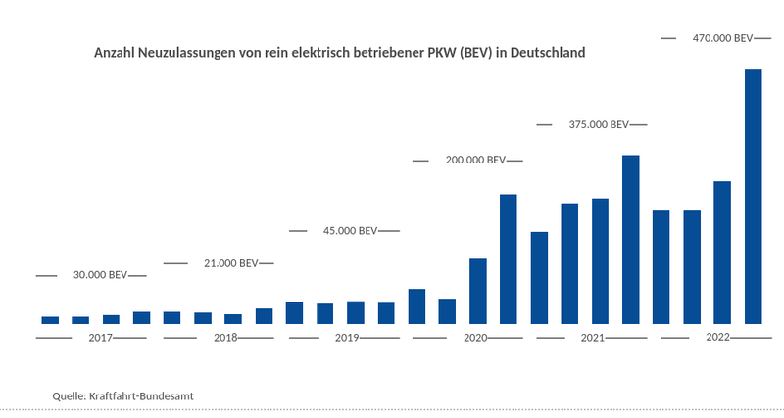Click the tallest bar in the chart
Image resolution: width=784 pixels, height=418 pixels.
point(753,196)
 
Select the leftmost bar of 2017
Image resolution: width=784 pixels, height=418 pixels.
point(50,320)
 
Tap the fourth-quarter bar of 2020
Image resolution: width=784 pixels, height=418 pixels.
point(508,259)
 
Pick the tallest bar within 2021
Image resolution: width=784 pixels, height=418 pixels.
point(630,240)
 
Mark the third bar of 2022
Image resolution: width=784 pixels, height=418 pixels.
point(722,253)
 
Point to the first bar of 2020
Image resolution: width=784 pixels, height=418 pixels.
point(416,306)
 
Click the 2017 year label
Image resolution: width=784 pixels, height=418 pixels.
point(101,338)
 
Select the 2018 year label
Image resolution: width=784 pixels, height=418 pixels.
point(225,338)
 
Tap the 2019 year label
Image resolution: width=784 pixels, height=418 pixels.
point(347,338)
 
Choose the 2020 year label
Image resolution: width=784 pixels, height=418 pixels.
point(475,338)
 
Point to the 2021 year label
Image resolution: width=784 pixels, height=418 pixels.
point(592,338)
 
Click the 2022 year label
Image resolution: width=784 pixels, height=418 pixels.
point(717,338)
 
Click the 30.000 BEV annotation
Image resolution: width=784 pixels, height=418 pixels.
point(100,276)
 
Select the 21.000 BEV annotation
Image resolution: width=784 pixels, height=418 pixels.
point(230,263)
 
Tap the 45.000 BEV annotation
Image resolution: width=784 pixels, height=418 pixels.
point(350,231)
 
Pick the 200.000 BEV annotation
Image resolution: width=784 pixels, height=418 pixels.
point(475,161)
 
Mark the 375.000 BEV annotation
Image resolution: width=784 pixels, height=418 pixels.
point(599,125)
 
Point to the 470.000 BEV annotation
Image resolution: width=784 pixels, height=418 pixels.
point(722,38)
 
